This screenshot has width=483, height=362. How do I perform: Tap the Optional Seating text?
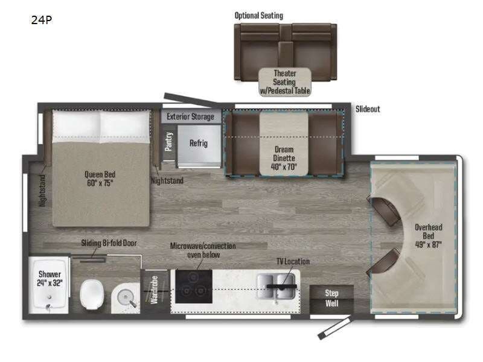click(x=259, y=15)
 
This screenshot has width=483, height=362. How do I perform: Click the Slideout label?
click(x=368, y=109)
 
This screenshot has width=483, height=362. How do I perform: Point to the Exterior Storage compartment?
click(x=191, y=116)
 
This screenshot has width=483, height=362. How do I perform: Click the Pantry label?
click(x=169, y=142)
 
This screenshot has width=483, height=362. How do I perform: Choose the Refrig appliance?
click(x=199, y=144)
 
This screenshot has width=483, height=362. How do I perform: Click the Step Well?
click(x=331, y=298)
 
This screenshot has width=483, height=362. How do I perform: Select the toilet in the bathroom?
click(x=94, y=294)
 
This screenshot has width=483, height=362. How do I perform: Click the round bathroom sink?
click(x=126, y=296)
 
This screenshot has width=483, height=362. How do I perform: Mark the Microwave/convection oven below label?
click(x=203, y=250)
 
